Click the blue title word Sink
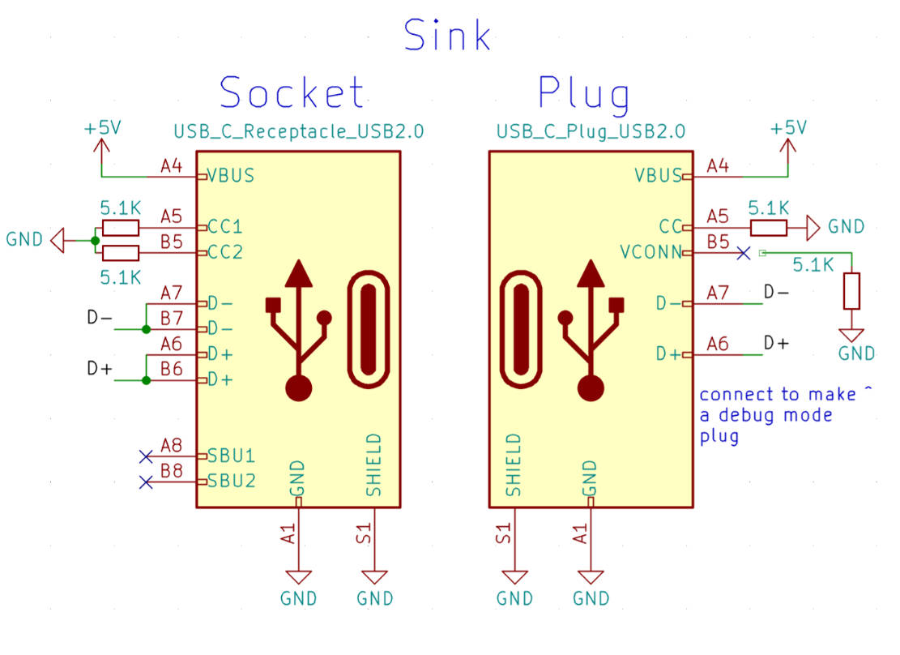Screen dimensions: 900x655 click(x=447, y=35)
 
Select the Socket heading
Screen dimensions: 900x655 click(x=292, y=92)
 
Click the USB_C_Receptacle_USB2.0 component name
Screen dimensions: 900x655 click(x=298, y=131)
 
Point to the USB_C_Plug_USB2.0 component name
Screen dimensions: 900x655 click(x=591, y=131)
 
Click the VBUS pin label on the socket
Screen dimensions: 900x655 click(x=231, y=175)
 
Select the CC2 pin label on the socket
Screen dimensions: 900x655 click(x=225, y=251)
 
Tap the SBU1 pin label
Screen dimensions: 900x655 click(x=232, y=456)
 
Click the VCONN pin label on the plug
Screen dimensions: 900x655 click(x=650, y=251)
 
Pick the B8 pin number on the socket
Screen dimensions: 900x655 click(x=171, y=471)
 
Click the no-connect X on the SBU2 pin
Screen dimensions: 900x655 click(x=146, y=482)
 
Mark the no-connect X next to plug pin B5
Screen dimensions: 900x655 click(x=744, y=253)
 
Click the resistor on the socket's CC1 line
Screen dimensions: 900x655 click(x=120, y=228)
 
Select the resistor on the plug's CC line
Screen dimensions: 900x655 click(x=769, y=228)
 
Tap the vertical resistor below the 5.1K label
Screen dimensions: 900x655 click(x=851, y=291)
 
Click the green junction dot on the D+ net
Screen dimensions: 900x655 click(x=147, y=380)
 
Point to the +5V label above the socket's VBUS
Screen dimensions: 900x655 click(x=103, y=127)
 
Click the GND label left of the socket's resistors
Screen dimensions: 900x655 click(x=24, y=239)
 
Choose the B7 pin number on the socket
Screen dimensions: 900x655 click(x=171, y=318)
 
